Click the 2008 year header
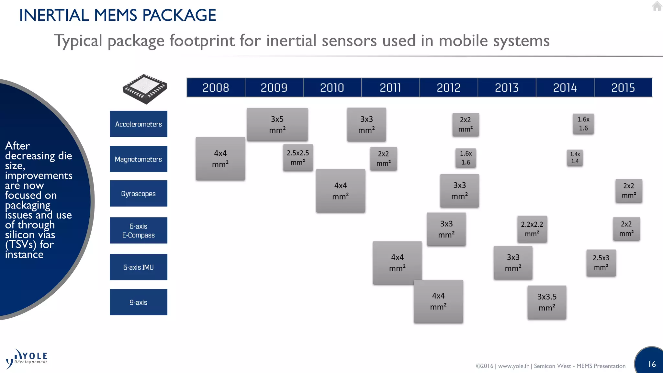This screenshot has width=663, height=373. tap(216, 87)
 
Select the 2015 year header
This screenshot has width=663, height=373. tap(623, 87)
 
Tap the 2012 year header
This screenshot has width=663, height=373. tap(448, 87)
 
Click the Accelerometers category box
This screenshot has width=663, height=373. tap(139, 124)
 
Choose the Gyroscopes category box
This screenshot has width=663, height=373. tap(139, 194)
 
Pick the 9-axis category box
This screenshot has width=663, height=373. tap(139, 302)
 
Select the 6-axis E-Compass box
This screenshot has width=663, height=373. tap(139, 231)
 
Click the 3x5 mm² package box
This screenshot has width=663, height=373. tap(277, 124)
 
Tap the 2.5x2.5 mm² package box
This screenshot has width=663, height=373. tap(298, 157)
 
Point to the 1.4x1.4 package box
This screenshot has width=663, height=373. tap(575, 158)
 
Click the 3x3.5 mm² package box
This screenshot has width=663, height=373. tap(547, 302)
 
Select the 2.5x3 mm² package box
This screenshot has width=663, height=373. tap(601, 263)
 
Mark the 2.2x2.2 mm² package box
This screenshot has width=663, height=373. tap(532, 229)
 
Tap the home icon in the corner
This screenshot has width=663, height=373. tap(657, 6)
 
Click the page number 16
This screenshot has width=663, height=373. tap(652, 364)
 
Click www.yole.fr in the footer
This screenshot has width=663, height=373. tap(513, 366)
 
